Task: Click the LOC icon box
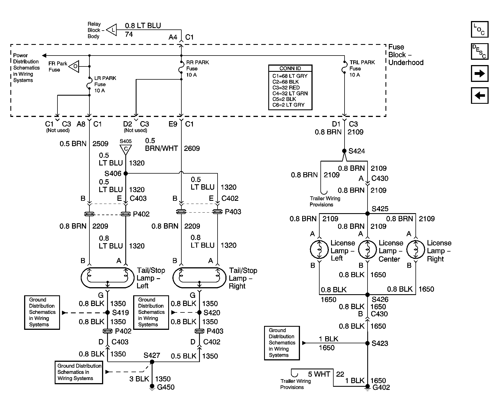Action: coord(480,29)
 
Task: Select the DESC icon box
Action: coord(480,51)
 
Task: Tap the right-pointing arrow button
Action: coord(480,73)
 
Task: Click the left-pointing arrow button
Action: coord(480,96)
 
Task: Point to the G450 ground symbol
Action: coord(152,387)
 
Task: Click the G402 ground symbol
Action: coord(368,387)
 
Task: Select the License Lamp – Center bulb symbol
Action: coord(368,249)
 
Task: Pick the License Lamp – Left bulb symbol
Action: coord(319,249)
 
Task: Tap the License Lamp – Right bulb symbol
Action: coord(416,249)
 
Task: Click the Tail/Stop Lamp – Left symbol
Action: coord(107,278)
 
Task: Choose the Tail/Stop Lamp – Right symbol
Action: coord(199,278)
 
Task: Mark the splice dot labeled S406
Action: coord(126,173)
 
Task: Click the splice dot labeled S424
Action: coord(344,151)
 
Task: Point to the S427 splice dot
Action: coord(152,362)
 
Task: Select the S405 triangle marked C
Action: coord(126,149)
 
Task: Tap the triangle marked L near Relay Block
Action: coord(112,29)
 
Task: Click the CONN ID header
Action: coord(290,68)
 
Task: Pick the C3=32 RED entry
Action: coord(286,88)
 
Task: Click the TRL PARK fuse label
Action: coord(362,62)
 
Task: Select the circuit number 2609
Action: coord(192,148)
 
